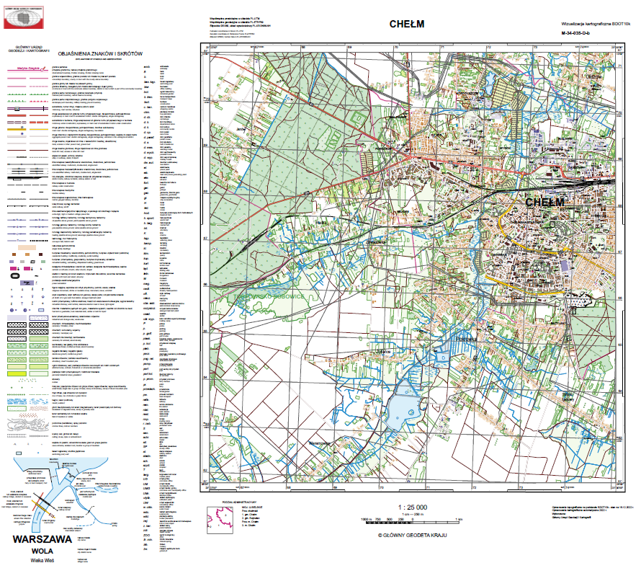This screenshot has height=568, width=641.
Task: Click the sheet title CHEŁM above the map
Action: tap(406, 24)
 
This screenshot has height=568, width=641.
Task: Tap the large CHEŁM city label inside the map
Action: tap(545, 203)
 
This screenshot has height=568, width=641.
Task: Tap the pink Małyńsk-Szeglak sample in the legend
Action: tap(30, 67)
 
